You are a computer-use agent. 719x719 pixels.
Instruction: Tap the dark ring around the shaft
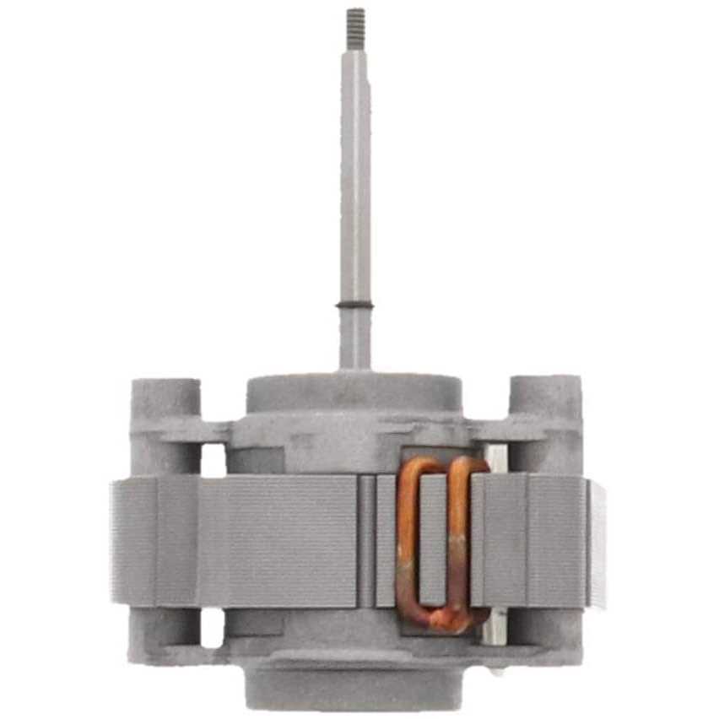(x=355, y=305)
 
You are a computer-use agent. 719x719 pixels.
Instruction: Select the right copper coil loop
(x=460, y=540)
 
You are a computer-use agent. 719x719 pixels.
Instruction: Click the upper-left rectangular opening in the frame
(x=214, y=460)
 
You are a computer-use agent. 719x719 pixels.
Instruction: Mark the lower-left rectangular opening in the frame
(x=214, y=628)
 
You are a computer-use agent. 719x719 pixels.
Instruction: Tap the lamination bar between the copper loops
(x=433, y=540)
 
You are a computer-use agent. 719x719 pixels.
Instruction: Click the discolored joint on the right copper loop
(x=461, y=549)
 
